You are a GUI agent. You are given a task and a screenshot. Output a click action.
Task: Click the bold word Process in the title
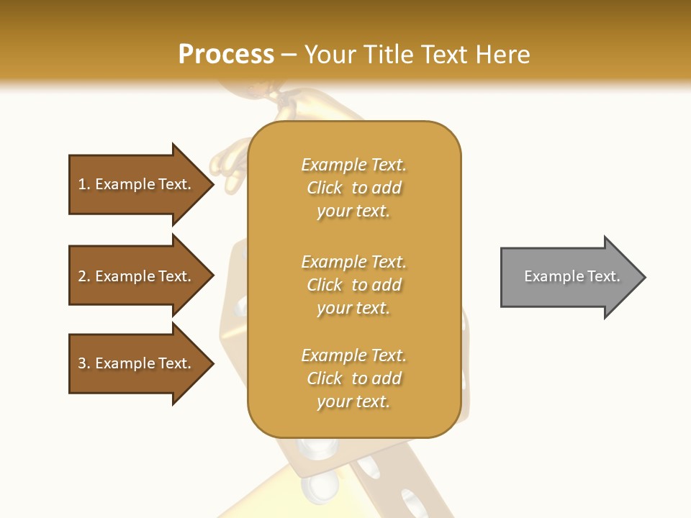(x=226, y=55)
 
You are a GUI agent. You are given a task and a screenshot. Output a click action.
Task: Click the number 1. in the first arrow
(x=84, y=184)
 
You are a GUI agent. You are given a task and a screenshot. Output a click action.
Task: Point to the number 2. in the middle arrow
(x=84, y=276)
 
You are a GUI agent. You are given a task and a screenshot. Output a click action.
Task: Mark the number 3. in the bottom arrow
(x=84, y=363)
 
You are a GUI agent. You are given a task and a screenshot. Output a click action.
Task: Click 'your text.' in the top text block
(x=353, y=211)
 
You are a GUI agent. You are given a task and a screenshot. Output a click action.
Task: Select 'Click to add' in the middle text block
(x=353, y=285)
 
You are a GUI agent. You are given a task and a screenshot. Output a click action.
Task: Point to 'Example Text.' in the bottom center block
(x=353, y=355)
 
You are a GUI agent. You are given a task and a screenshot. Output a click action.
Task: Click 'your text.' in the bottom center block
(x=353, y=401)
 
